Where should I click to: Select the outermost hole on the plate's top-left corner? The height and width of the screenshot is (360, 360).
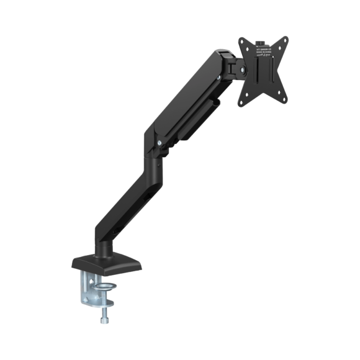[242, 42]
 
